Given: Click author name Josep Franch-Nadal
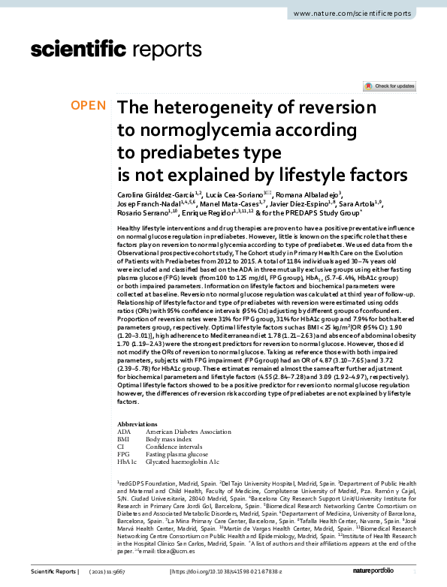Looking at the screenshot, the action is (x=146, y=204).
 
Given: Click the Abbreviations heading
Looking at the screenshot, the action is (x=139, y=423).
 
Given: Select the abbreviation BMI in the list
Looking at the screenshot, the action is (x=125, y=440).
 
